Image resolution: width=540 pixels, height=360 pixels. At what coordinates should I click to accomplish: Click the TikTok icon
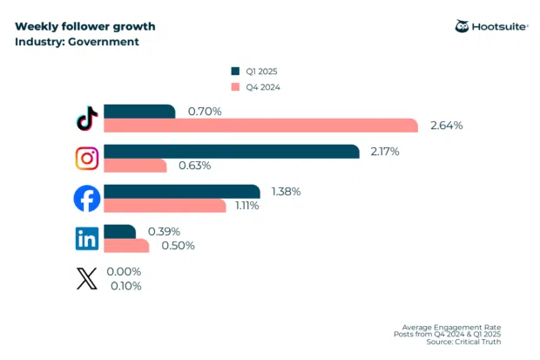tap(87, 119)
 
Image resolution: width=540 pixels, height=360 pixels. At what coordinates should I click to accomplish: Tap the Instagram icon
tap(87, 159)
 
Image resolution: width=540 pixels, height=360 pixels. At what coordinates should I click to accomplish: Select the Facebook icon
tap(87, 199)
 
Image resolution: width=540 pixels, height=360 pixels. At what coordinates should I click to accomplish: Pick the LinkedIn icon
tap(87, 238)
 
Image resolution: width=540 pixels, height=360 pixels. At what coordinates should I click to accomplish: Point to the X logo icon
tap(87, 279)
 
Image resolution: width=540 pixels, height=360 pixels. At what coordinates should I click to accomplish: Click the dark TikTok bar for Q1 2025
tap(139, 112)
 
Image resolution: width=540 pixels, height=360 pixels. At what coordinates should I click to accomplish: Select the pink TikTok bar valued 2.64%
tap(262, 126)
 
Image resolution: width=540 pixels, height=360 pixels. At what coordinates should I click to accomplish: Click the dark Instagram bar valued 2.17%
tap(231, 152)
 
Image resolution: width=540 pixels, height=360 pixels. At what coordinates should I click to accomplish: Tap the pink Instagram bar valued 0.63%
tap(135, 166)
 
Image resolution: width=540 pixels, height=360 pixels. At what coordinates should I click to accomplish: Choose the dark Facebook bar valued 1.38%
tap(181, 191)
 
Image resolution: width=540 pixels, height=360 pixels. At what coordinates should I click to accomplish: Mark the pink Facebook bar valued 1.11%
tap(165, 206)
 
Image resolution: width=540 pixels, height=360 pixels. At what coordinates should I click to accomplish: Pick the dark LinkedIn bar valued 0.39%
tap(119, 231)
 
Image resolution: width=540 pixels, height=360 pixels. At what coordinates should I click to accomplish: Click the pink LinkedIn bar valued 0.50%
tap(126, 246)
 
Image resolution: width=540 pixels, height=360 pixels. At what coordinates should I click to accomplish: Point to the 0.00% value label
tap(124, 272)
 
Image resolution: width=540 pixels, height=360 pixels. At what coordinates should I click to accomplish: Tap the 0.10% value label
tap(125, 286)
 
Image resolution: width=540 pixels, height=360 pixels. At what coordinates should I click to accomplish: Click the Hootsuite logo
tap(490, 27)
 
